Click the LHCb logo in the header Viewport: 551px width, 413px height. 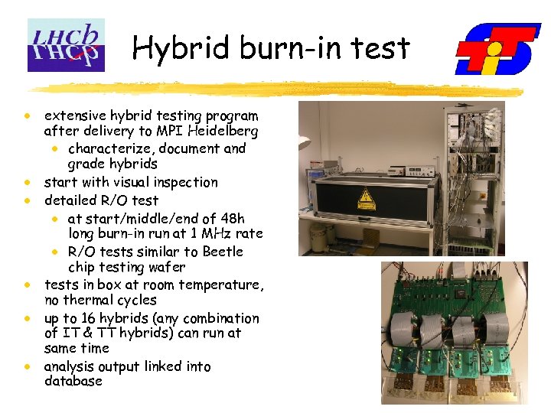click(66, 45)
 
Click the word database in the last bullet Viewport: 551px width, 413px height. click(73, 381)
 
